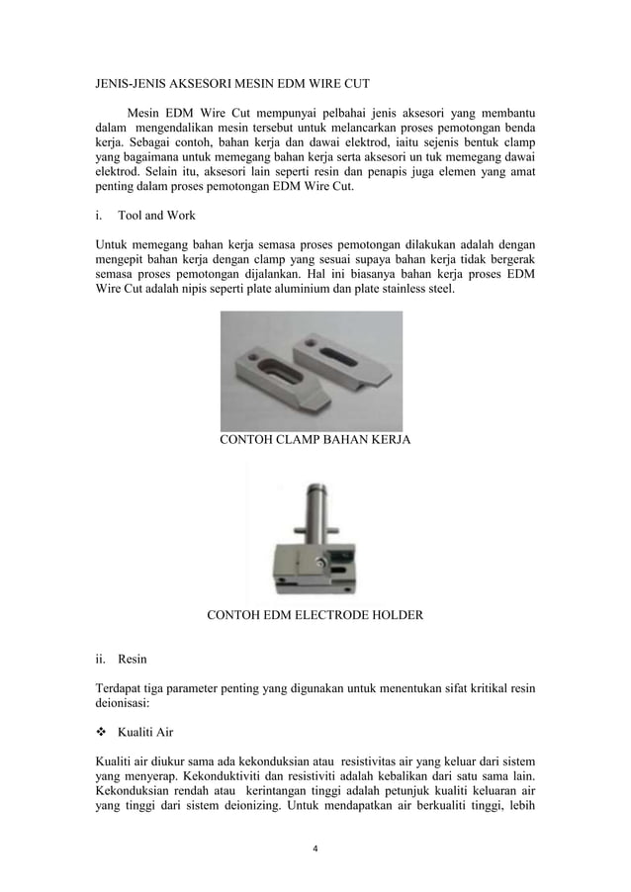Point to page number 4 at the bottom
[x=315, y=848]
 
